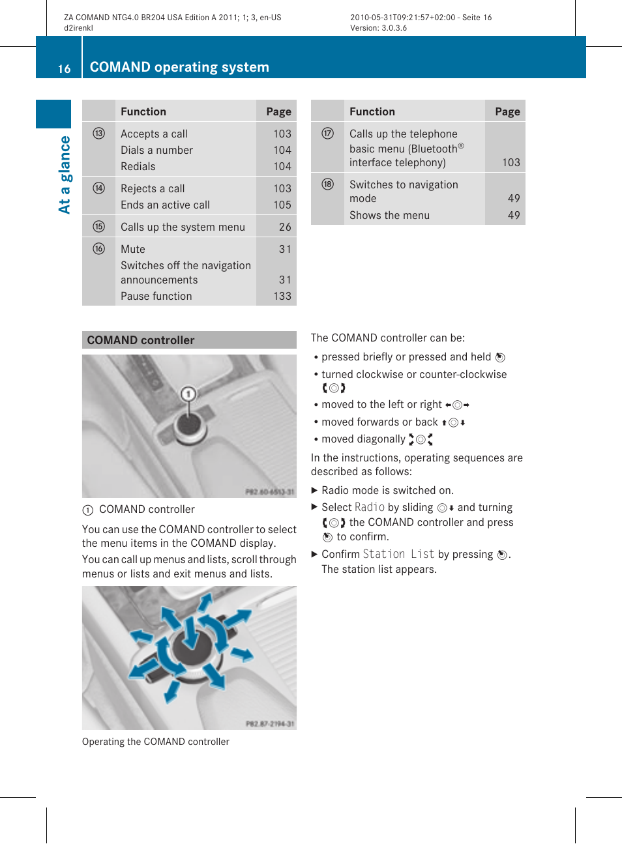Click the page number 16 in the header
coord(64,68)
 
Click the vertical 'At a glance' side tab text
coord(65,175)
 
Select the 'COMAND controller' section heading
coord(141,340)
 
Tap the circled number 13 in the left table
coord(98,134)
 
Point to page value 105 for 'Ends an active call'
coord(282,205)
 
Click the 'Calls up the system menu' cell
coord(183,227)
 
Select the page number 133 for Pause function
coord(282,296)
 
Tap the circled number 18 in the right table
coord(327,184)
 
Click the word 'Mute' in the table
coord(133,249)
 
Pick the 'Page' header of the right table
coord(507,111)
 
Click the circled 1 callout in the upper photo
coord(188,394)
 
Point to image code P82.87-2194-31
coord(270,723)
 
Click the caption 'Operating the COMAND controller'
coord(156,742)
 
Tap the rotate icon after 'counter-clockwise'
coord(334,388)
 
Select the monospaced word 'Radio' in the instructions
coord(370,507)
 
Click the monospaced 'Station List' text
coord(398,554)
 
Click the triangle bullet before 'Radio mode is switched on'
coord(314,490)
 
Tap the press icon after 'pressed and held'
coord(500,357)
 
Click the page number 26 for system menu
coord(284,227)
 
